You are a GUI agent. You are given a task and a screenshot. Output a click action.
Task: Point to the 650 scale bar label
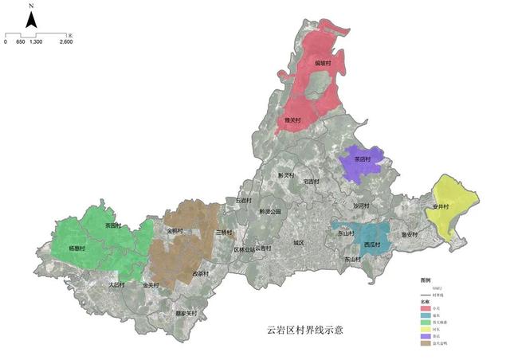tap(21, 42)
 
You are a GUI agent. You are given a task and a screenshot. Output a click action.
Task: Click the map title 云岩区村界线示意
tap(306, 329)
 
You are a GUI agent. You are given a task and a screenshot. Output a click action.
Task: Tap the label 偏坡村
tap(323, 61)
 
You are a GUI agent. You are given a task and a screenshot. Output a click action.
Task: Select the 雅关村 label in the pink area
tap(292, 120)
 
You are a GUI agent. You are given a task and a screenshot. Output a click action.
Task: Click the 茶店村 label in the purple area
tap(363, 158)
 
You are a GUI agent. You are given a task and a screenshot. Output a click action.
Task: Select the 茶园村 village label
tap(115, 226)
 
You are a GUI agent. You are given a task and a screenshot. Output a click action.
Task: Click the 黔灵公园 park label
tap(270, 212)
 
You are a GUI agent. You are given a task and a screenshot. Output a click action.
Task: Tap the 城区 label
tap(299, 242)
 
